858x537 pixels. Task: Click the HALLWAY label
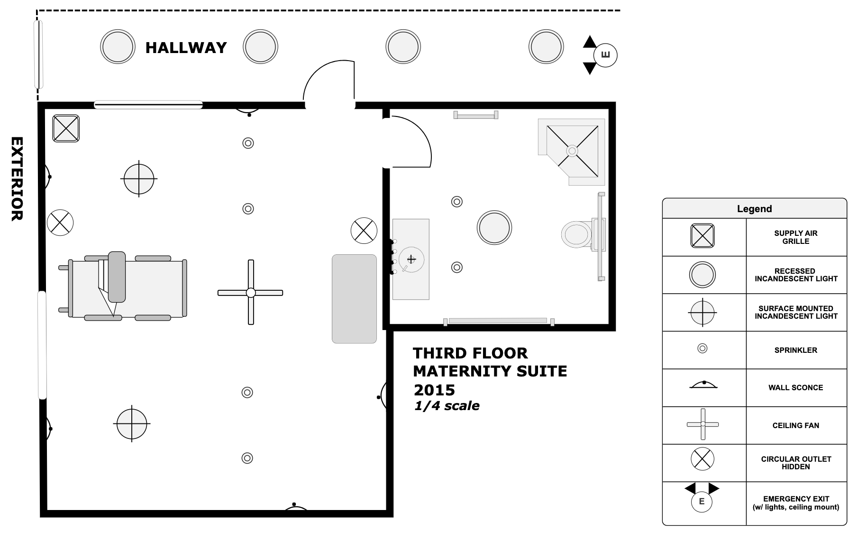coord(186,48)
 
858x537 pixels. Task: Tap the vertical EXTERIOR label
coord(17,179)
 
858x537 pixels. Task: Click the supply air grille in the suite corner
coord(66,128)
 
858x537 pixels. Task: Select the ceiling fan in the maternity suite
coord(250,292)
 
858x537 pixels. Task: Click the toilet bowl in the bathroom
coord(576,234)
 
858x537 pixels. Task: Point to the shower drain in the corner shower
coord(572,151)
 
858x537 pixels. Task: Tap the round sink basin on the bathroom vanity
coord(411,260)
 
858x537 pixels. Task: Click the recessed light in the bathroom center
coord(494,227)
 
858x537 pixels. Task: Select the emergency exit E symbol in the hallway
coord(605,55)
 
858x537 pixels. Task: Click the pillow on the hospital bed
coord(117,277)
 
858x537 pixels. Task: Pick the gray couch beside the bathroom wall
coord(354,299)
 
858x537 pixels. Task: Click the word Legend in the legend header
coord(754,209)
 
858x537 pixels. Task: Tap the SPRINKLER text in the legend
coord(795,350)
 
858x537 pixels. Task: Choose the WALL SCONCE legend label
coord(795,388)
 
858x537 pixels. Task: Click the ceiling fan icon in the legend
coord(703,424)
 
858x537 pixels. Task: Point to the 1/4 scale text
coord(447,406)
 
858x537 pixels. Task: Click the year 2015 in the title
coord(434,390)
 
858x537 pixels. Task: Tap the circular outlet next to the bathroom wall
coord(364,231)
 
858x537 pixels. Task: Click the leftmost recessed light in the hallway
coord(117,46)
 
